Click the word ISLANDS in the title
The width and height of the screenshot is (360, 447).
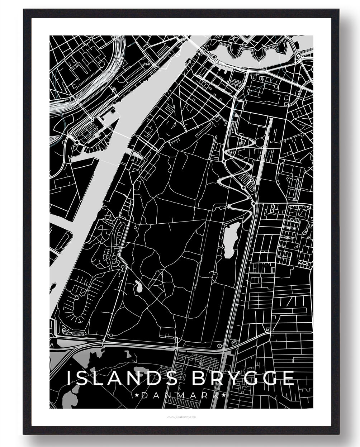[x=122, y=378]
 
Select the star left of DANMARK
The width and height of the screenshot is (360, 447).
[x=138, y=395]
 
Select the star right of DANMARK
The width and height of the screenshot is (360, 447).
[x=223, y=395]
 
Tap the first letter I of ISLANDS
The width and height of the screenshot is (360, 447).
[x=69, y=378]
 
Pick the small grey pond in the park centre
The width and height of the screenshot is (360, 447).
[x=138, y=286]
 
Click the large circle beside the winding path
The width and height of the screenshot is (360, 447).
[x=260, y=142]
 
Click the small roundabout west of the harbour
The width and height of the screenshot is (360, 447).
[x=77, y=142]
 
